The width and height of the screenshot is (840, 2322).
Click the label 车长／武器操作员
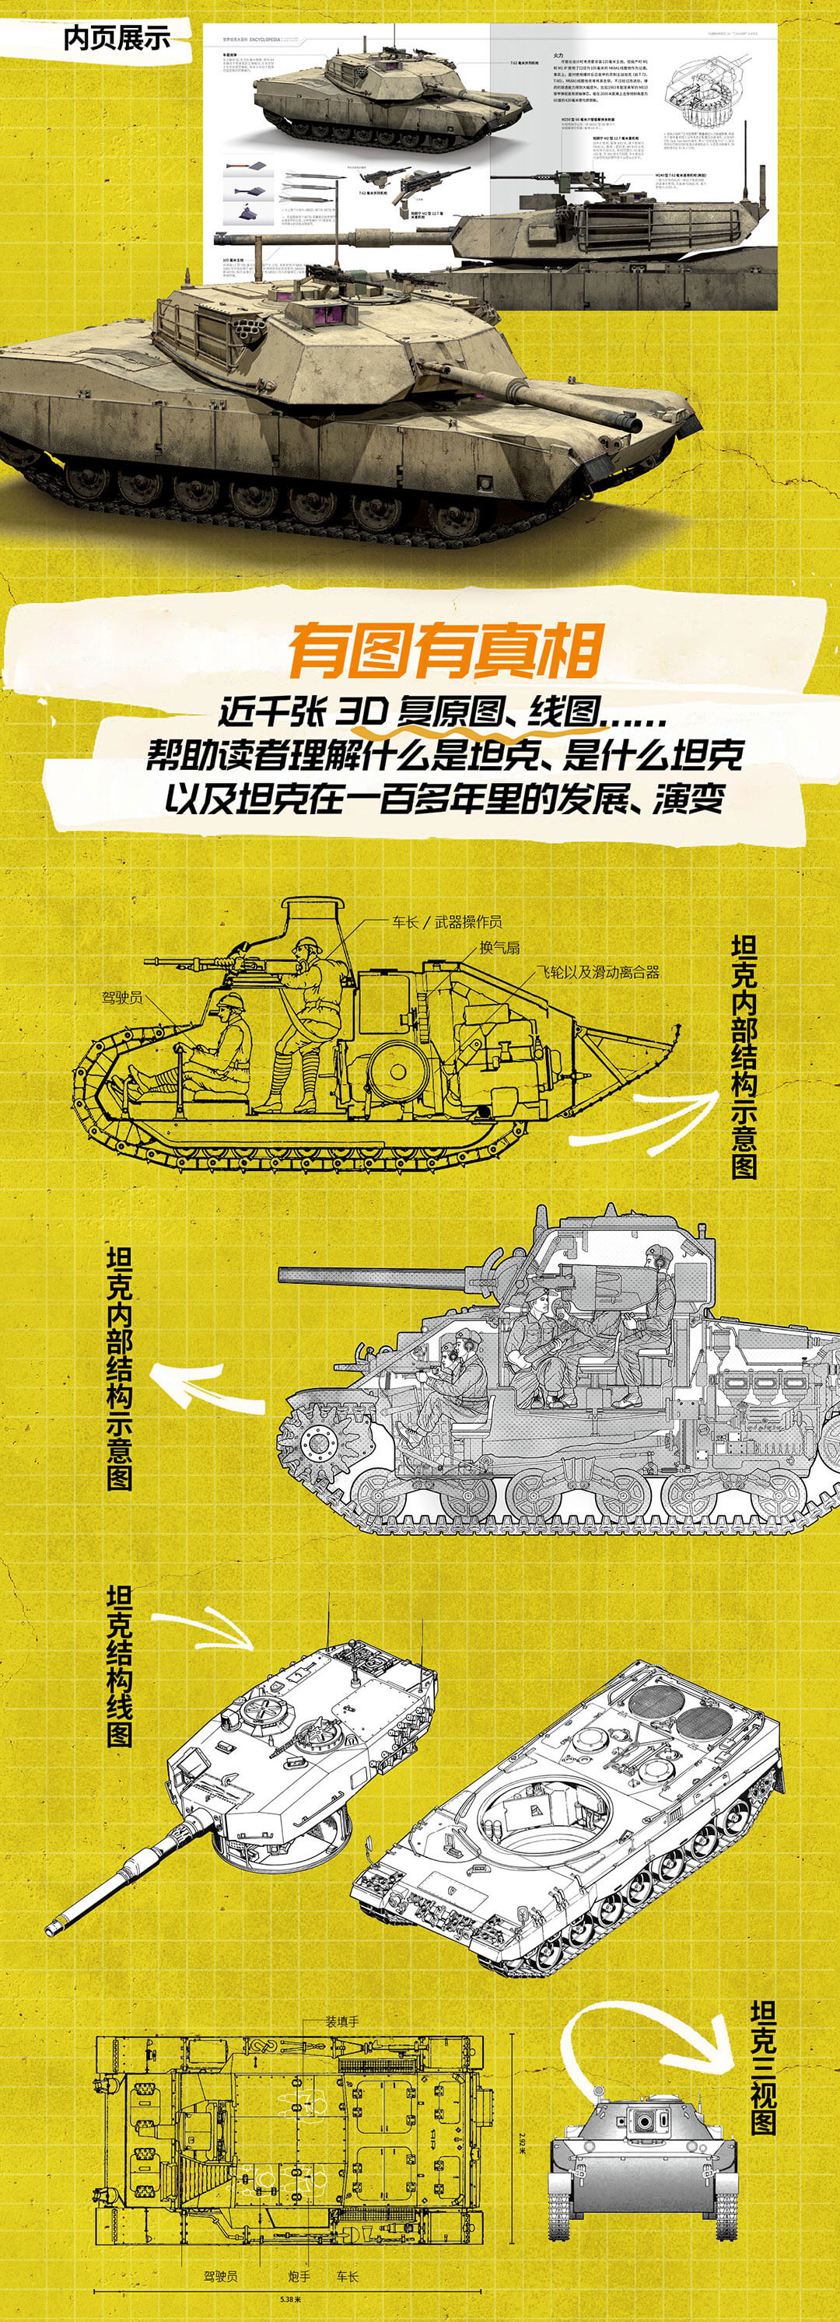pos(446,921)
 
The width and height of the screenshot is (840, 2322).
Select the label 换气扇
pos(499,946)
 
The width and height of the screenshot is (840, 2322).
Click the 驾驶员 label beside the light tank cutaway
pos(121,998)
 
